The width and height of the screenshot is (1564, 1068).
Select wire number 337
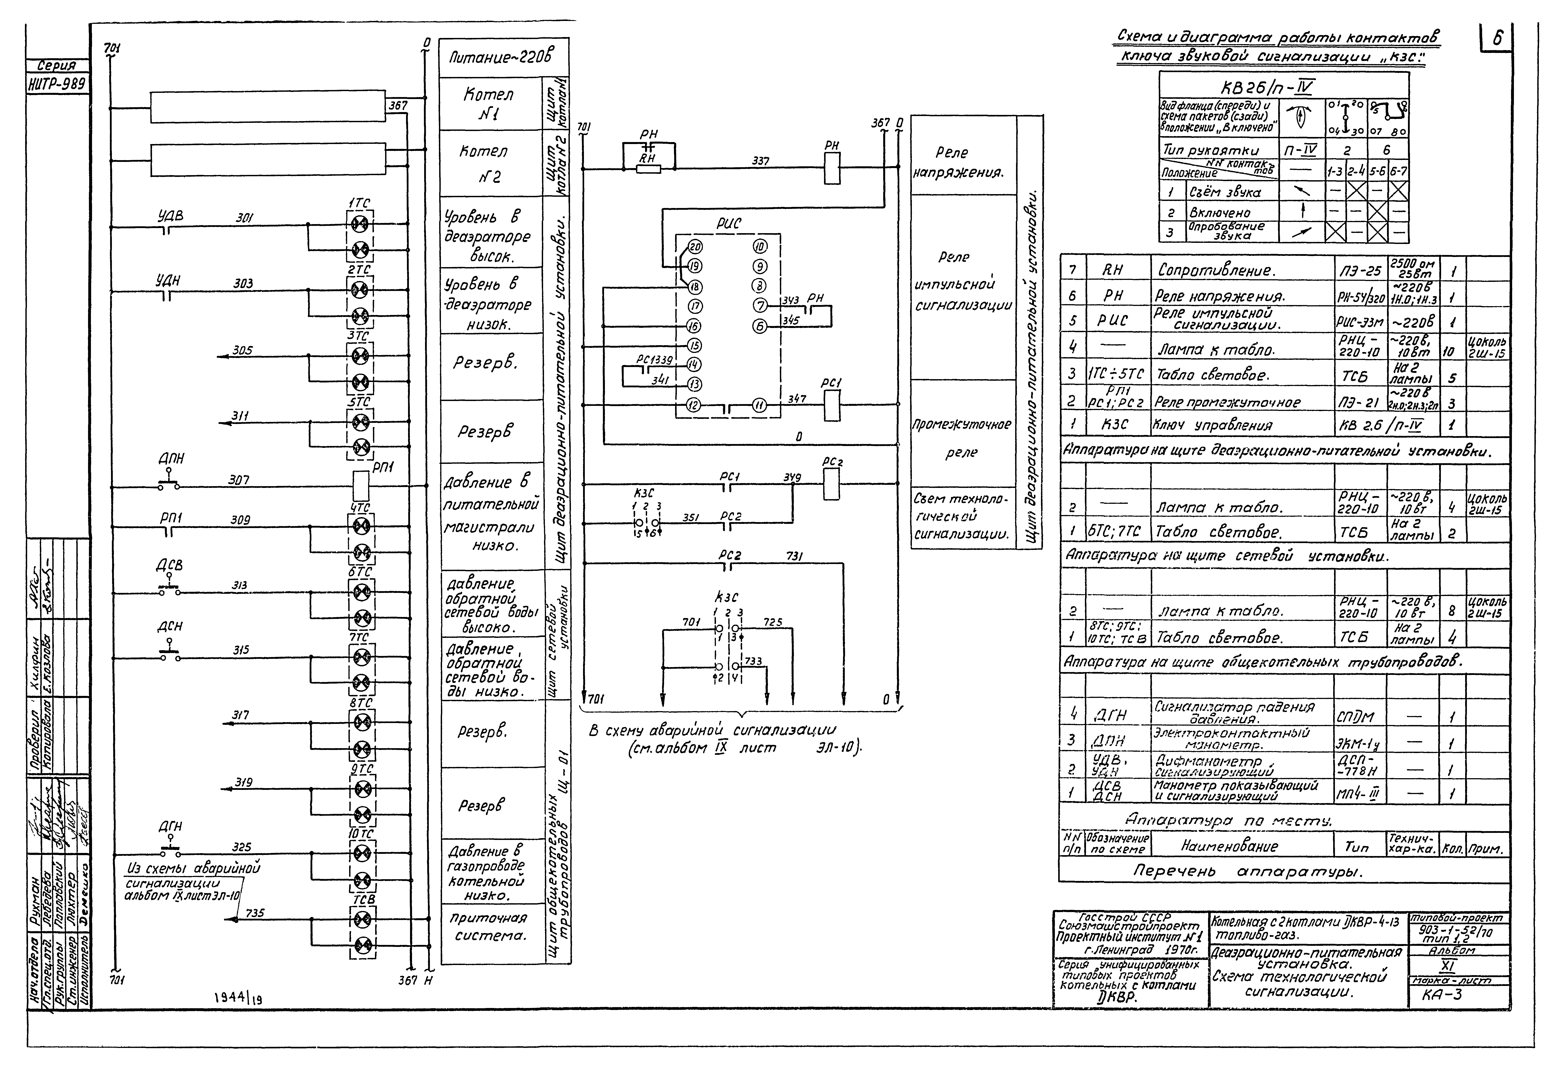(760, 161)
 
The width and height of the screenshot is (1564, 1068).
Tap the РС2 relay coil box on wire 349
(832, 484)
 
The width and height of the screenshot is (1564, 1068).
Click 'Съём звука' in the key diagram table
(1225, 192)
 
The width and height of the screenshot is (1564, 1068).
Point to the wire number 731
(795, 556)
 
